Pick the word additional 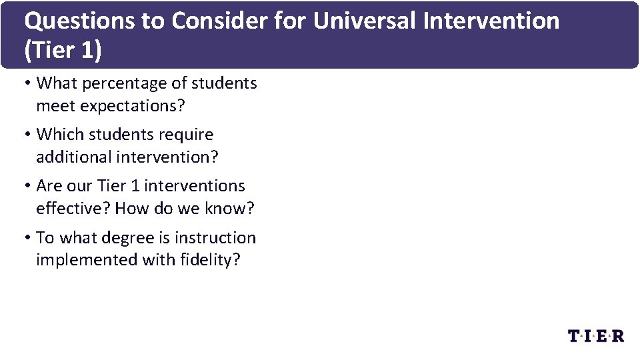click(x=73, y=157)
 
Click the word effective click(x=73, y=209)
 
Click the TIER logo click(x=596, y=335)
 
